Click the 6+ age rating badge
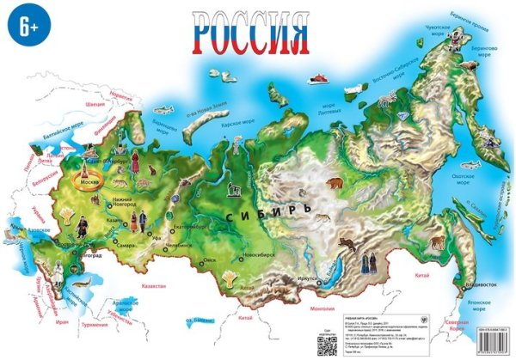pos(25,27)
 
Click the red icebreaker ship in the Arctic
pos(319,83)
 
